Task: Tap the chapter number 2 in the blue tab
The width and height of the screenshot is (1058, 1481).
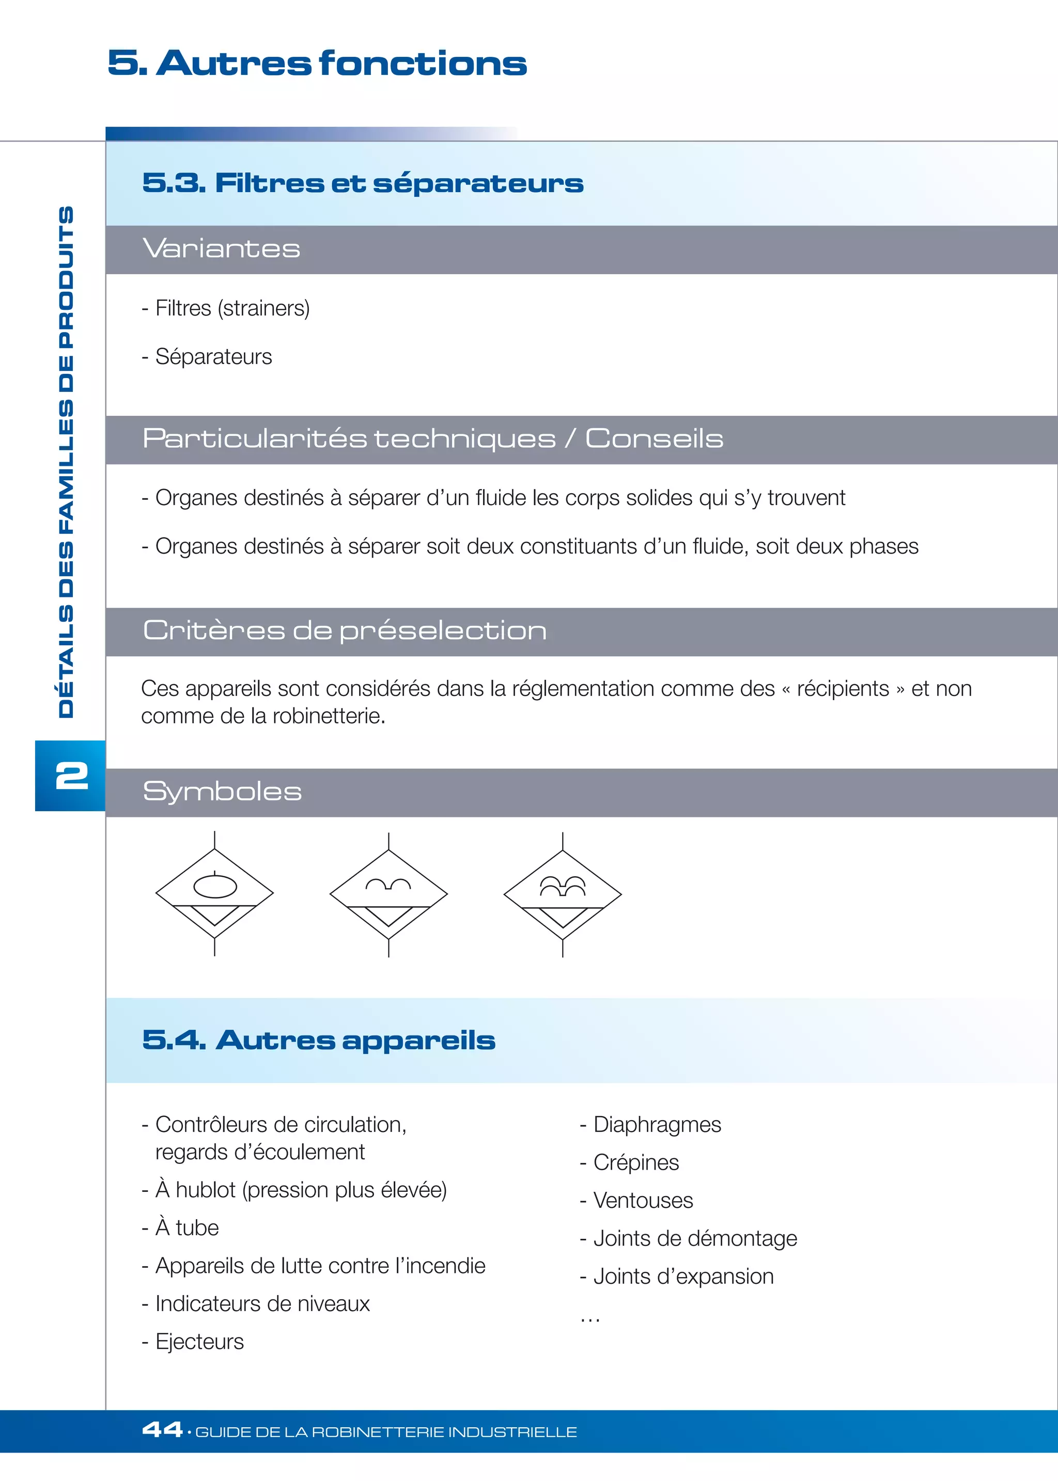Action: pyautogui.click(x=72, y=776)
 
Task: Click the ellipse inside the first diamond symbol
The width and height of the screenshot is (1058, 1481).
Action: pyautogui.click(x=215, y=887)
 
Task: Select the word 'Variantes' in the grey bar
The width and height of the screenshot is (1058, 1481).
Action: pyautogui.click(x=222, y=249)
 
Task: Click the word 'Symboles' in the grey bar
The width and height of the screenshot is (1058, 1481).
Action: pyautogui.click(x=222, y=792)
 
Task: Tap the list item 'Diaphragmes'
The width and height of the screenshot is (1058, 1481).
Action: pyautogui.click(x=657, y=1125)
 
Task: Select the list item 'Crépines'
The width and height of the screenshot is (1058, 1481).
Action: pyautogui.click(x=636, y=1162)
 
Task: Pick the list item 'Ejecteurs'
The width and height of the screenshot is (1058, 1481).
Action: pyautogui.click(x=199, y=1342)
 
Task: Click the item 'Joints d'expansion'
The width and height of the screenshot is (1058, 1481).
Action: pyautogui.click(x=683, y=1277)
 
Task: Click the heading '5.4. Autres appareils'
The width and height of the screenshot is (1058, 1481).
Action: pyautogui.click(x=319, y=1040)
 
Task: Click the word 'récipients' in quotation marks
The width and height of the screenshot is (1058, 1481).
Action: pyautogui.click(x=843, y=688)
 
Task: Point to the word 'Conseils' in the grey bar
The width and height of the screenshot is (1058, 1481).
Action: pyautogui.click(x=654, y=438)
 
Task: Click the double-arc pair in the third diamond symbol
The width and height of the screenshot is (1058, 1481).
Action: pyautogui.click(x=563, y=885)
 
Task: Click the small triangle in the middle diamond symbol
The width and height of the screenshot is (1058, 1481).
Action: pyautogui.click(x=388, y=915)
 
